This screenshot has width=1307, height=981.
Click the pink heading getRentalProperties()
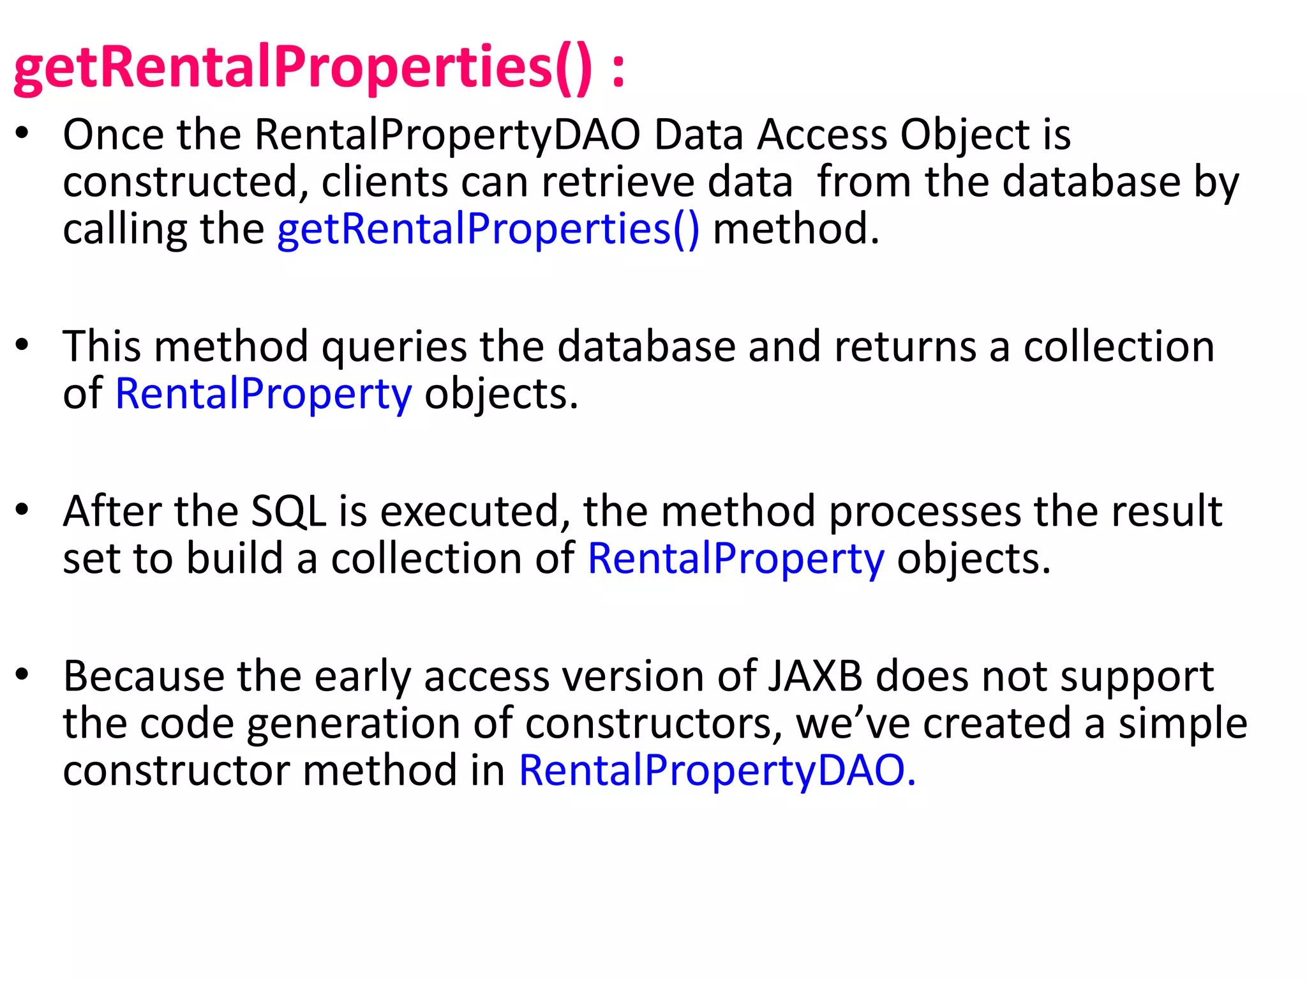pos(303,69)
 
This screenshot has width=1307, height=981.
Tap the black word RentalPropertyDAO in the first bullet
pos(447,135)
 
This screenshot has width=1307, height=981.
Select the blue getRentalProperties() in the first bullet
pos(488,229)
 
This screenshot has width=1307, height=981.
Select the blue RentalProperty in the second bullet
pos(264,395)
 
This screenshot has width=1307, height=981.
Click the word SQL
pos(288,512)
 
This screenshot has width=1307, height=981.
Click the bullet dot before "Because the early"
pos(23,674)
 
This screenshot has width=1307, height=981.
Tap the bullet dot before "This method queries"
pos(23,345)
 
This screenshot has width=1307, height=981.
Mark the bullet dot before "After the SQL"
pos(23,510)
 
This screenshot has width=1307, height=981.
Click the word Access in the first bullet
pos(823,135)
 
